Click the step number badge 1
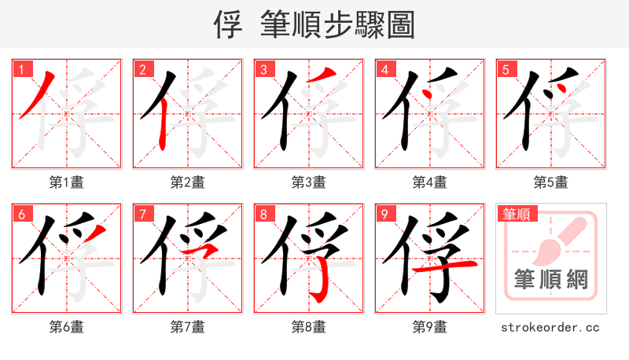pos(20,69)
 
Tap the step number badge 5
pos(504,69)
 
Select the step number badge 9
pos(383,214)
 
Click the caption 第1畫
pos(67,182)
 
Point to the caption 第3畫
pos(309,182)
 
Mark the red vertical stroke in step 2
pos(161,126)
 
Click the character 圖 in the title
pos(400,25)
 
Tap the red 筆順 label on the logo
pos(518,213)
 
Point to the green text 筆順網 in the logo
pos(550,279)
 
